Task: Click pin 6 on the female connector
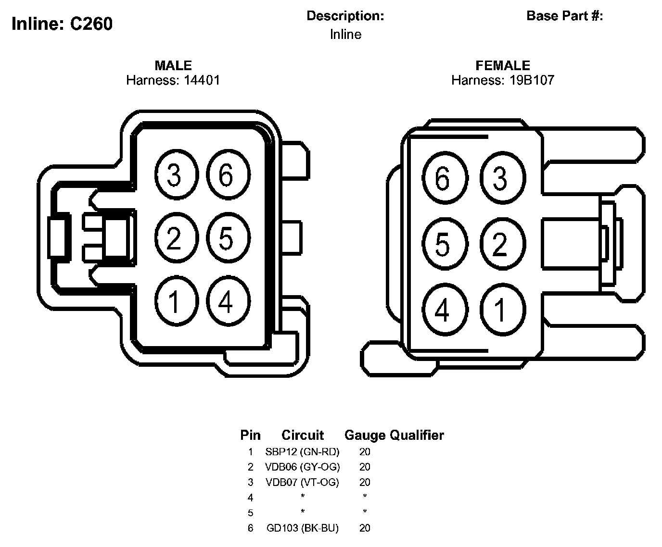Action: (x=443, y=178)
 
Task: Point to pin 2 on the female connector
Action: (x=501, y=244)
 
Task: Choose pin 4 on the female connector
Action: (x=443, y=310)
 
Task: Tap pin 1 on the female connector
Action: (x=501, y=310)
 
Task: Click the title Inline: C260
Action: (x=62, y=24)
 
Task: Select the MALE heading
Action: (x=173, y=65)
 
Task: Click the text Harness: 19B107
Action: (x=503, y=80)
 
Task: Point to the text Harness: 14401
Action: (x=173, y=80)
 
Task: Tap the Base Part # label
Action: (x=565, y=16)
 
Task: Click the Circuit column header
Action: (x=303, y=435)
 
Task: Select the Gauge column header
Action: (x=365, y=435)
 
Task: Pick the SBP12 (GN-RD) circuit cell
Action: (x=302, y=452)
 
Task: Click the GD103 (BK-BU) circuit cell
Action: (x=302, y=528)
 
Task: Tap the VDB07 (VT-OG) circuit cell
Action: (x=302, y=482)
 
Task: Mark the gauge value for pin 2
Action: (x=365, y=467)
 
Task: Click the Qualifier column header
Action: (x=417, y=435)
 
